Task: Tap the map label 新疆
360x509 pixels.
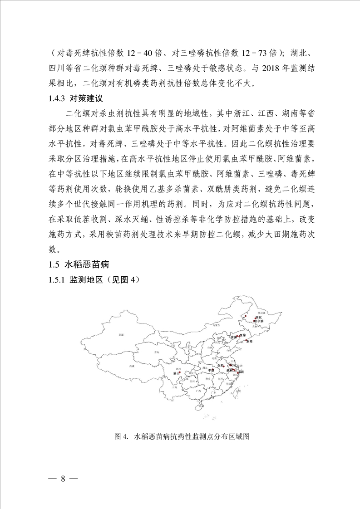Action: pos(121,335)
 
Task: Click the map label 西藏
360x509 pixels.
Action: pos(132,366)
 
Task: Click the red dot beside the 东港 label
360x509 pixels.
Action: pos(246,340)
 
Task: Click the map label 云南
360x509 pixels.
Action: pos(175,387)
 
